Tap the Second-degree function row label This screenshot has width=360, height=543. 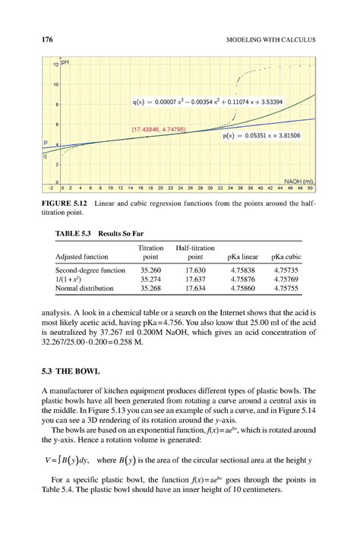point(90,270)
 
